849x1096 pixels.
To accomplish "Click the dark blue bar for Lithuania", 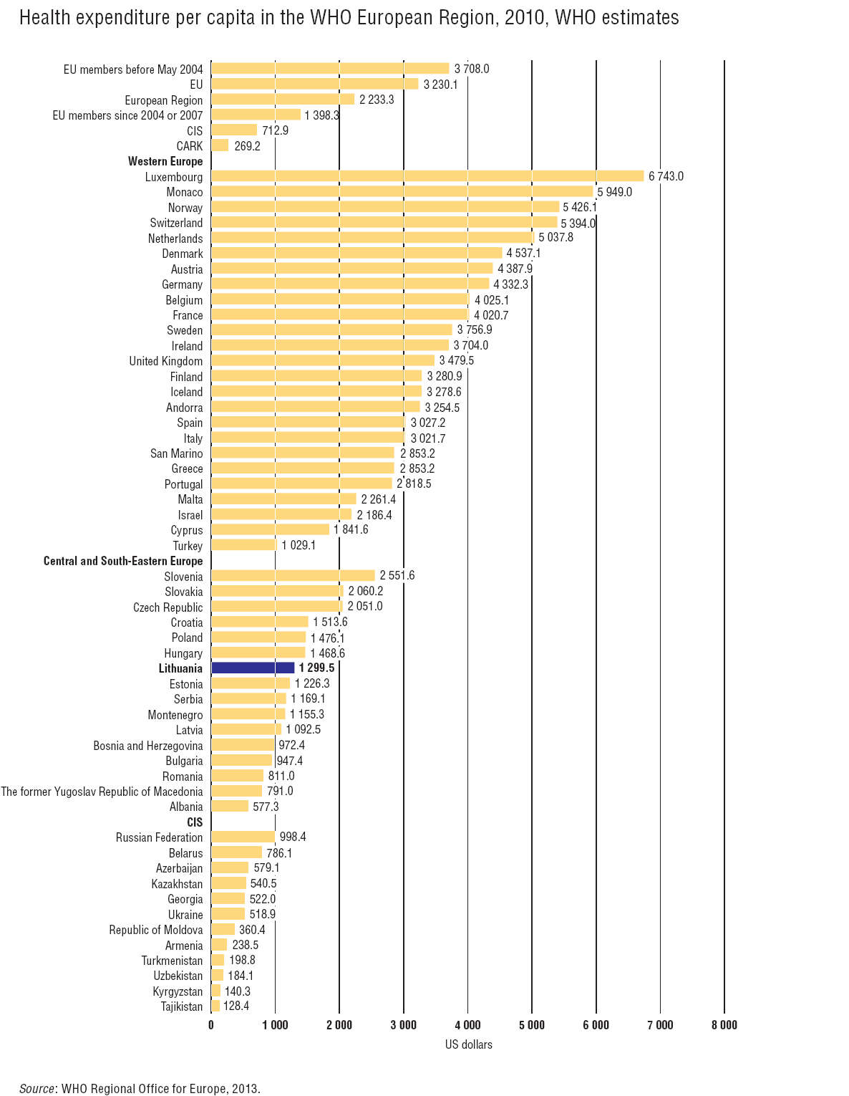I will [253, 668].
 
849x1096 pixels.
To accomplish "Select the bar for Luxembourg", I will [427, 176].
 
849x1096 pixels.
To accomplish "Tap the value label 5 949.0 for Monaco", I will [615, 192].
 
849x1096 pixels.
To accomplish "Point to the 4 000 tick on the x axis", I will [467, 1025].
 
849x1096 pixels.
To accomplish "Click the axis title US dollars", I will [468, 1044].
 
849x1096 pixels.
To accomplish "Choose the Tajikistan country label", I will [182, 1006].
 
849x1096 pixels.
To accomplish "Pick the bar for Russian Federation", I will [243, 837].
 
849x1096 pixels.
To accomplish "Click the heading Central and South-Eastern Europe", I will [123, 561].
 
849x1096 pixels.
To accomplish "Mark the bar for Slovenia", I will [293, 576].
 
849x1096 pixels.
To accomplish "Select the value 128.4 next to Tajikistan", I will [236, 1006].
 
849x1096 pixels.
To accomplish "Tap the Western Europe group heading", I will [165, 161].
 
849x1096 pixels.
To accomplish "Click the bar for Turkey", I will [244, 545].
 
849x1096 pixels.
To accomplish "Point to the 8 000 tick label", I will [724, 1025].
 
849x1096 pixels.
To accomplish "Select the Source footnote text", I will [140, 1089].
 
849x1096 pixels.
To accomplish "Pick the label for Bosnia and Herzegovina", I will [148, 746].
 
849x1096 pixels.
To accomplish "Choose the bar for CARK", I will [220, 145].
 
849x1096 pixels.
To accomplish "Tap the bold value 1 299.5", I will [316, 668].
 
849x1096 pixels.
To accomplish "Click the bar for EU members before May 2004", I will [330, 69].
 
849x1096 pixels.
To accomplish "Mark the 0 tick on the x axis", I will [211, 1025].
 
